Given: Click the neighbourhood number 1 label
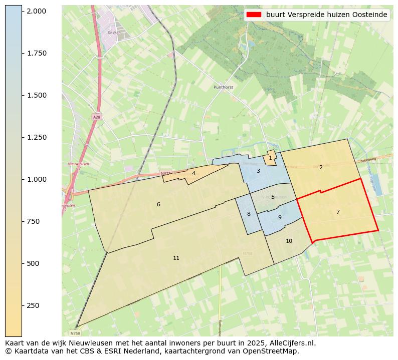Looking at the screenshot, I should click(270, 158).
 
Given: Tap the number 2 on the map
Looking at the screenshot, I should click(321, 167).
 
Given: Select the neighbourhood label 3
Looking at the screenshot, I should click(258, 171).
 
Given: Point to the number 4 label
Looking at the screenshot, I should click(193, 173).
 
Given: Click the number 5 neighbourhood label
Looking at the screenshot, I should click(273, 197).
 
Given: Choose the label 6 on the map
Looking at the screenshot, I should click(158, 204).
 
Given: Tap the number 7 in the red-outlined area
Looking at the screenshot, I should click(338, 212).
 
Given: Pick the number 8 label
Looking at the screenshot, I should click(249, 214).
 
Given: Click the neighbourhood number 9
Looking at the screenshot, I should click(280, 217).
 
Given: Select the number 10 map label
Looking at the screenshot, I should click(289, 241).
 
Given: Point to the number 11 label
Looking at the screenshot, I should click(176, 258).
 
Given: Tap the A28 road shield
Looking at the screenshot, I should click(96, 117).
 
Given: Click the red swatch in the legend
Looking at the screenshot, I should click(255, 15).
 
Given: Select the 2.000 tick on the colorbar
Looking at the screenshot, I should click(37, 11).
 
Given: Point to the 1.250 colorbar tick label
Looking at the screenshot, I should click(37, 137).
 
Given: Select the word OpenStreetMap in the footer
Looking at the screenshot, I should click(273, 351).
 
